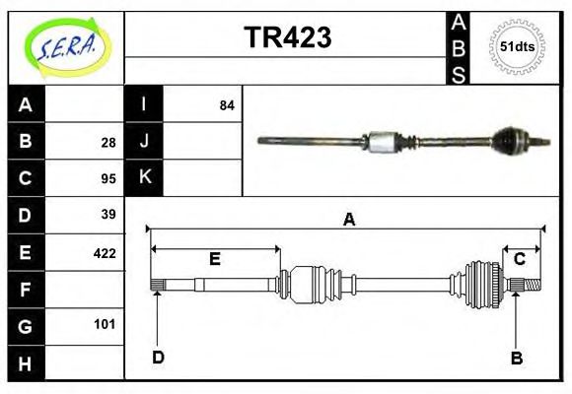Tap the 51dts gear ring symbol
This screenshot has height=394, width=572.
click(518, 46)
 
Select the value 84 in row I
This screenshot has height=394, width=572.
click(226, 104)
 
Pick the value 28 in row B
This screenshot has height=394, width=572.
click(107, 142)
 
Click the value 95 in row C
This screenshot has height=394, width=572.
click(107, 178)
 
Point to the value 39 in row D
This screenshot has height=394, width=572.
click(107, 215)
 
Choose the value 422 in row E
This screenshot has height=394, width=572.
click(105, 252)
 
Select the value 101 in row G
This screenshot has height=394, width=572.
click(106, 324)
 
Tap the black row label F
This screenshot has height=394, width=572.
click(26, 289)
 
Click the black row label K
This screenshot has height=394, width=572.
click(144, 177)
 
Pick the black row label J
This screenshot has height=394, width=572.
click(144, 141)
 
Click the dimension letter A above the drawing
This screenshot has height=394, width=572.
click(348, 221)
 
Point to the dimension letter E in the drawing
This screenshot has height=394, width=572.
click(214, 259)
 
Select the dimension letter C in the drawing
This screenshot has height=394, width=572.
click(519, 259)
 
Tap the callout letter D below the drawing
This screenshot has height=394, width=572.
click(158, 358)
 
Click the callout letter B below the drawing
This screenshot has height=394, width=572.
click(516, 359)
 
